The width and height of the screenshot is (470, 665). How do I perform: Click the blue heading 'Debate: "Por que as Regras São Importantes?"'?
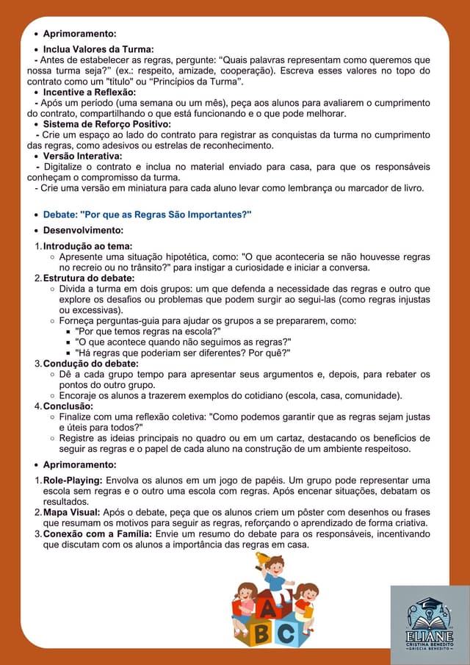click(x=147, y=215)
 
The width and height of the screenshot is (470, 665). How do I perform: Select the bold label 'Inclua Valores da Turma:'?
click(x=98, y=49)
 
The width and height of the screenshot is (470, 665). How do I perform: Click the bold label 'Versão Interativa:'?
click(x=82, y=157)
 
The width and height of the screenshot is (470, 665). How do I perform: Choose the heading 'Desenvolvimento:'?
click(x=83, y=231)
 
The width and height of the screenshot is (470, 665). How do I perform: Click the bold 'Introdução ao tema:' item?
click(x=87, y=246)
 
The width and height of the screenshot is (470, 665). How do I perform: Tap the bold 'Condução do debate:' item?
click(x=90, y=364)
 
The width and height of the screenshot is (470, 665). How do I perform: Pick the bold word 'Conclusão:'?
click(x=68, y=406)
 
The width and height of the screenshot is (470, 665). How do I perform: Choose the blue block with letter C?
click(x=287, y=631)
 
